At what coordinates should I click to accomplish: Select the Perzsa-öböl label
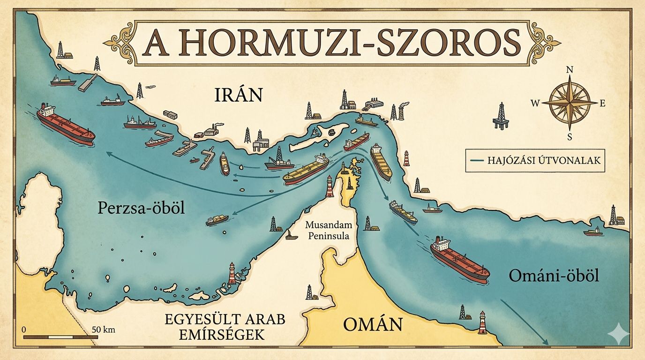[x=141, y=208]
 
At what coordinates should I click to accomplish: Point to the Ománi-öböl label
[x=554, y=276]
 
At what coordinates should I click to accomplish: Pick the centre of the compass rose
[x=570, y=102]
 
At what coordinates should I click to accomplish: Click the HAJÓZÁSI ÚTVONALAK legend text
[x=543, y=160]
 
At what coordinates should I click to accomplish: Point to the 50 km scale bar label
[x=103, y=329]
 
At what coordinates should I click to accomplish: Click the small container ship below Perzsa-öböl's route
[x=217, y=220]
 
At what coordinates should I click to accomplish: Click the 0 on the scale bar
[x=23, y=329]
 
